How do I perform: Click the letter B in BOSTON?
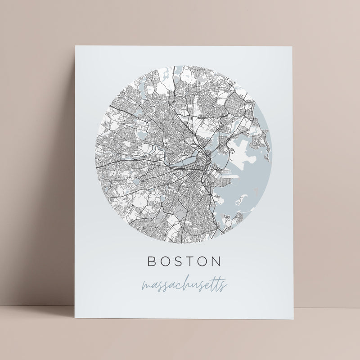click(151, 261)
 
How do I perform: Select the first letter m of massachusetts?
click(146, 287)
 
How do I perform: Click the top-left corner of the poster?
click(73, 46)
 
